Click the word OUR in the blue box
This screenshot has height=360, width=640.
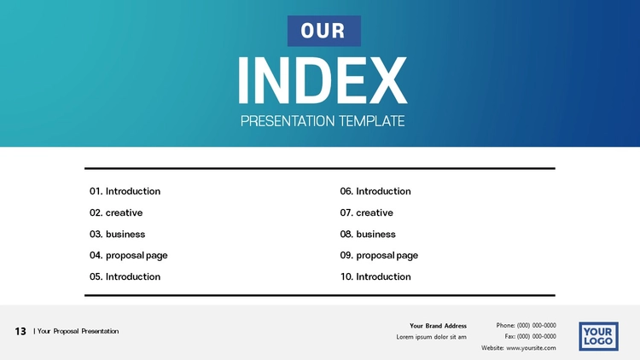323,31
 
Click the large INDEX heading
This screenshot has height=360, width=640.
323,80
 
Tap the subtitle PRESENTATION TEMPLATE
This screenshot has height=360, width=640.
323,121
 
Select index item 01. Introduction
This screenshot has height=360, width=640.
125,191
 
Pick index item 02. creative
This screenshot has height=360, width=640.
116,212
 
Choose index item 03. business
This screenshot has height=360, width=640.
117,234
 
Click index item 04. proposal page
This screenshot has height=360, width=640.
129,256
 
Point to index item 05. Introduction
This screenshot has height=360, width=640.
125,276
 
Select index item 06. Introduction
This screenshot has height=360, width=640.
375,191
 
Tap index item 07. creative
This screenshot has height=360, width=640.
367,212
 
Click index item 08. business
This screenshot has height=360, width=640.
368,234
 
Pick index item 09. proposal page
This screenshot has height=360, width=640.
379,256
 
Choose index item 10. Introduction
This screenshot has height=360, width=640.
375,276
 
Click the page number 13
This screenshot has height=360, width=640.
20,331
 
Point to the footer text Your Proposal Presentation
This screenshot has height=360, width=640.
78,331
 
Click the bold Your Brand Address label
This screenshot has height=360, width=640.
438,326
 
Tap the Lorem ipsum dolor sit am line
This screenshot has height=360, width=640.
431,337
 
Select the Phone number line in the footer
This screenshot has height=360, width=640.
527,325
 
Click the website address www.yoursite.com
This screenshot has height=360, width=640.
531,348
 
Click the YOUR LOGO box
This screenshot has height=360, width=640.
598,336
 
